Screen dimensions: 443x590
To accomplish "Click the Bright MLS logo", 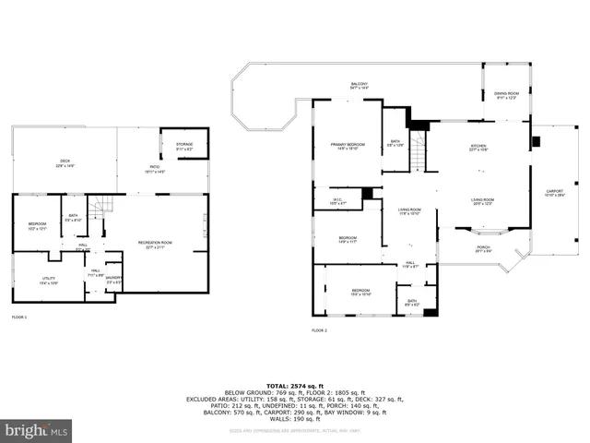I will pos(38,430).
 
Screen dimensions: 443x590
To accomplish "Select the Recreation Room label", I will pos(155,245).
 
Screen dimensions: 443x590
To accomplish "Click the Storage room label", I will pos(183,145).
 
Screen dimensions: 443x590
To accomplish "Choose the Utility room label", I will pos(48,281).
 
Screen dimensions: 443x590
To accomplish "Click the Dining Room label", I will pos(506,95).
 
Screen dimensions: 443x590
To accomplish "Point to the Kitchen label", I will pos(478,147).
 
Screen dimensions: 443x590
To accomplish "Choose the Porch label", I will pos(483,248).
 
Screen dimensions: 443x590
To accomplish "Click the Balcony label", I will pos(359,86).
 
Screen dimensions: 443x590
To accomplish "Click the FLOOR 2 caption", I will pos(319,330).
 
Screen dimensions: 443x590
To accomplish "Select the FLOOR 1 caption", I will pos(19,317).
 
